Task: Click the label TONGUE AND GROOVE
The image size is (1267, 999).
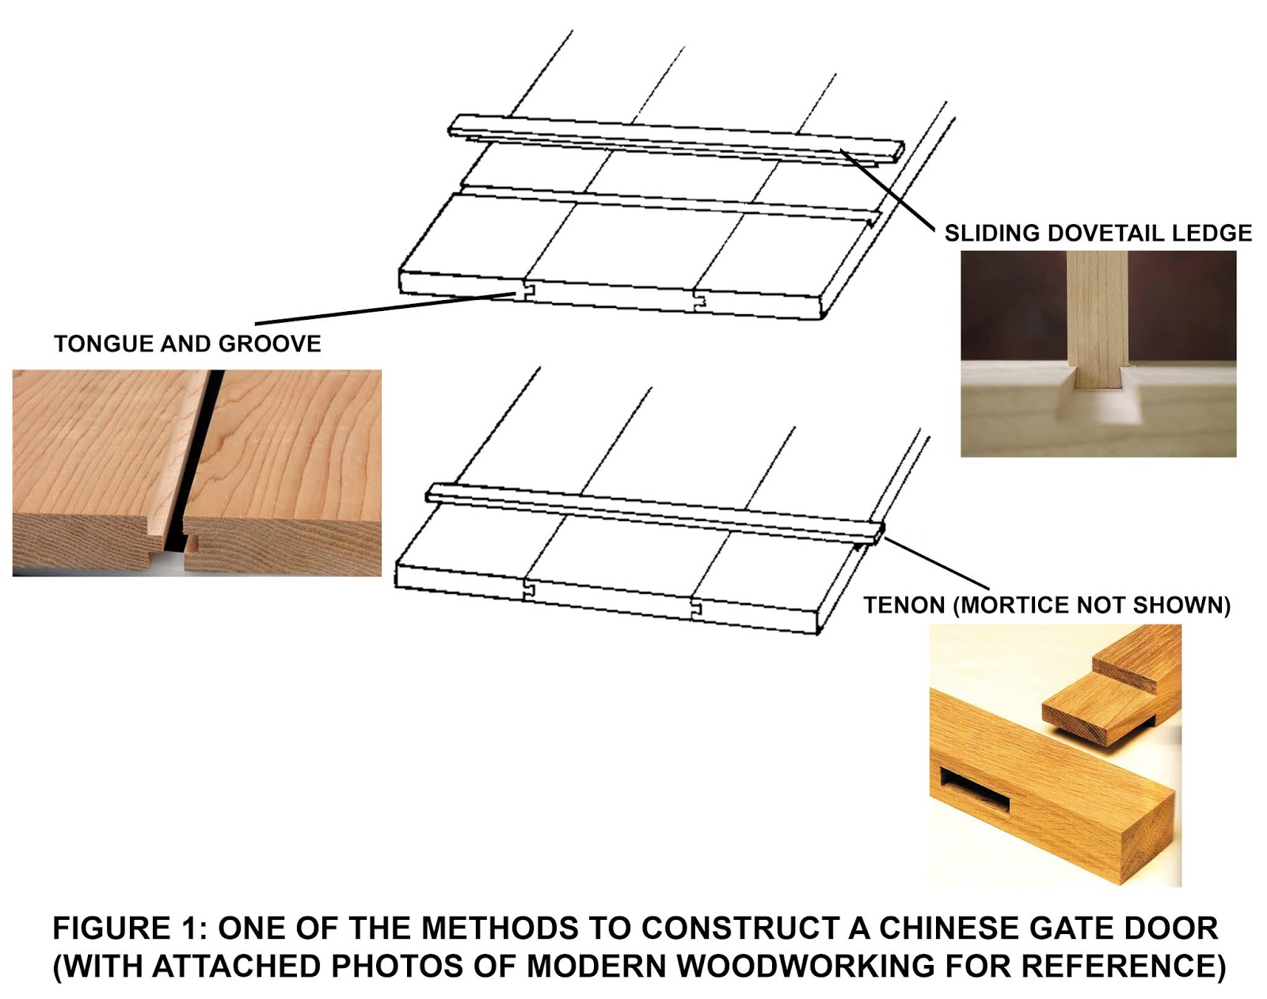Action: [188, 344]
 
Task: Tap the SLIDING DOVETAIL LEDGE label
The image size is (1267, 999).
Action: [1098, 233]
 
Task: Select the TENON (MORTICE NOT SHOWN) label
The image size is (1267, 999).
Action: [1046, 606]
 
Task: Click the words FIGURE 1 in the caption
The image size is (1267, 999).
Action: [127, 929]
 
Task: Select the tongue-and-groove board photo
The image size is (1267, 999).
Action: [196, 473]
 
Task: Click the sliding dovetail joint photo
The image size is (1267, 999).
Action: [1098, 354]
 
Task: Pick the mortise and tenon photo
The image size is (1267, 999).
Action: [1055, 754]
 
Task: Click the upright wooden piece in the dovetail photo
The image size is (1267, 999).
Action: [1097, 317]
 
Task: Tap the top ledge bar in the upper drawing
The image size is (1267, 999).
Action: [673, 135]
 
